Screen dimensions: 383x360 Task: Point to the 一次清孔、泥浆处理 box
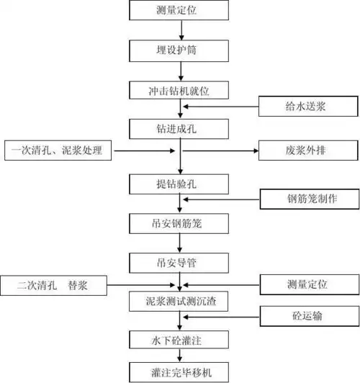(x=58, y=150)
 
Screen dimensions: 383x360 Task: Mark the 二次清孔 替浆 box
(x=55, y=284)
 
